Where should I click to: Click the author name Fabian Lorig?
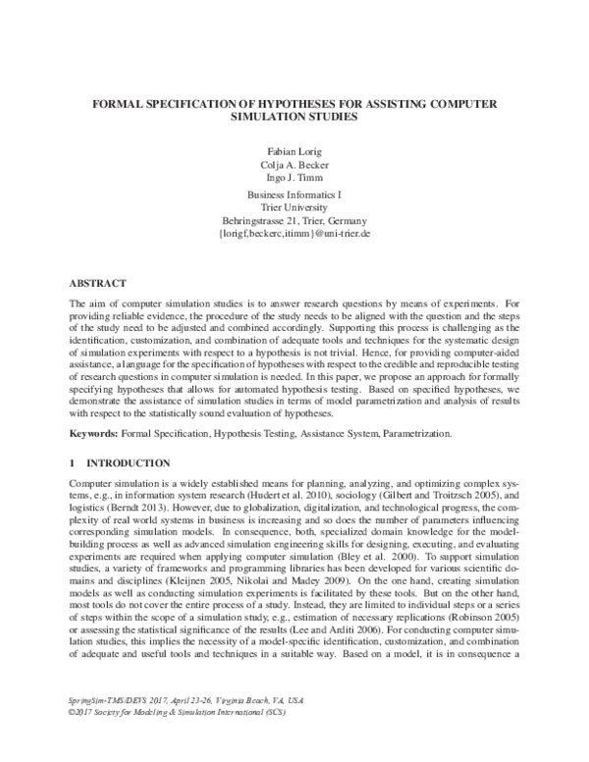[294, 154]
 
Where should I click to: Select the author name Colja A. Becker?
[294, 167]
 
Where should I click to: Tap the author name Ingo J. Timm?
[294, 180]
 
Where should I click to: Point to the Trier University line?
[294, 209]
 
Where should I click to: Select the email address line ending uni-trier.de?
[294, 236]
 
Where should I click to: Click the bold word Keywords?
[93, 432]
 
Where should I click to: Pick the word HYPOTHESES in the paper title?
[291, 103]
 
